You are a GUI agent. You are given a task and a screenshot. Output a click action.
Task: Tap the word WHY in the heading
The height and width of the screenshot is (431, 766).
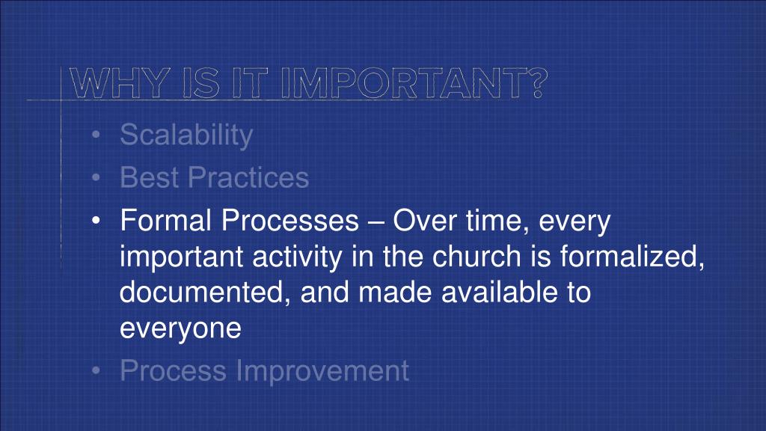tap(119, 83)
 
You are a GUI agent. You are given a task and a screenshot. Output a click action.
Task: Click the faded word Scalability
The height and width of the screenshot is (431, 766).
tap(186, 135)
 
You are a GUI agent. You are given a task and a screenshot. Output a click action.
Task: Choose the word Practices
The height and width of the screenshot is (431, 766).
tap(248, 177)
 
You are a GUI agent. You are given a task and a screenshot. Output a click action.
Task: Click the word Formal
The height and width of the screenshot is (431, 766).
tap(165, 221)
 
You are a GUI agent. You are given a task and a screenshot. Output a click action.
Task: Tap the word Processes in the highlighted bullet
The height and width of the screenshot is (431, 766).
tap(290, 221)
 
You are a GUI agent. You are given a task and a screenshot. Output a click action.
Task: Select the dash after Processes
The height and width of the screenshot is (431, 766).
tap(376, 221)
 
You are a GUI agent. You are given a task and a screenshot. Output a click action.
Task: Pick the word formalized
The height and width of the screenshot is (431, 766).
tap(633, 257)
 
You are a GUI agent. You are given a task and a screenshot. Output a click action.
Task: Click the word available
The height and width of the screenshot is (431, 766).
tap(499, 293)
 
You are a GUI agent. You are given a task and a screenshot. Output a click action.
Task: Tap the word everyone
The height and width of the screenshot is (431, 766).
tap(181, 328)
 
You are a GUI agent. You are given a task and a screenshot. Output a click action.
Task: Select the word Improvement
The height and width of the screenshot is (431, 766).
tap(322, 371)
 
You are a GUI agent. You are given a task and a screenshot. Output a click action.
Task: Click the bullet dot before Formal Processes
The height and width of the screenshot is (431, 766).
tap(96, 221)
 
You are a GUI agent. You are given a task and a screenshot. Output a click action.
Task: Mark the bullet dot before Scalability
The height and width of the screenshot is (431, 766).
tap(96, 135)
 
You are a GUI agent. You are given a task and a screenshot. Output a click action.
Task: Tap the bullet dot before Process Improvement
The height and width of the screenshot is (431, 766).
tap(96, 371)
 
